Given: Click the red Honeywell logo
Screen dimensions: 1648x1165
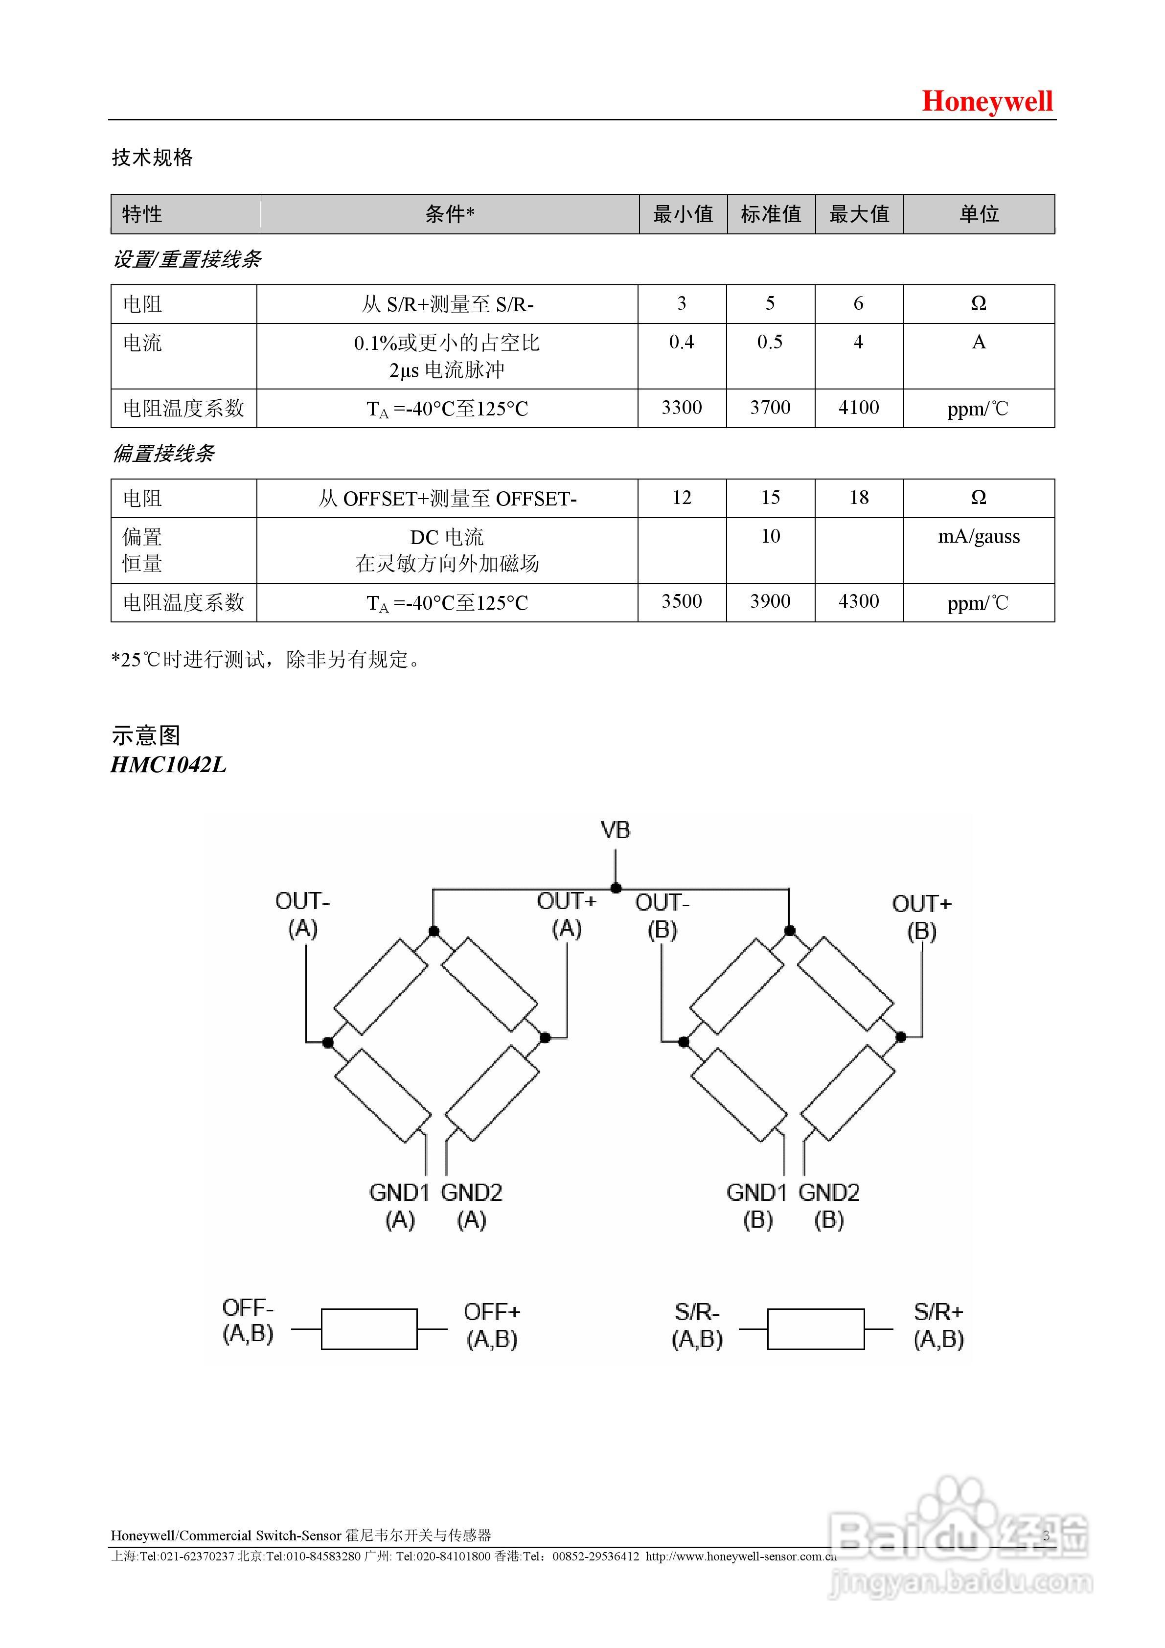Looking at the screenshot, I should pos(987,101).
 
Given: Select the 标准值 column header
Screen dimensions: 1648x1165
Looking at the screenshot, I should pos(771,214).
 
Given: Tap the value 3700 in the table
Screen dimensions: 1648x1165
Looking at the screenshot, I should pos(770,408).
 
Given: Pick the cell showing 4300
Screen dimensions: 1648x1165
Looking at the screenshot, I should pos(859,601).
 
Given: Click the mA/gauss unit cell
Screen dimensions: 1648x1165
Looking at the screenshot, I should pos(979,537).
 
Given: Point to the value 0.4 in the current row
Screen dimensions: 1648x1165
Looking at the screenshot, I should pos(681,343).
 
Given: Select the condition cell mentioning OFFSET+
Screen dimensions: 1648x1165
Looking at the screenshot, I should pos(447,498).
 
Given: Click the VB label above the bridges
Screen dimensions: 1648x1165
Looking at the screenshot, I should pos(615,830).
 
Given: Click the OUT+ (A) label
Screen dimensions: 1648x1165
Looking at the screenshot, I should pos(566,915).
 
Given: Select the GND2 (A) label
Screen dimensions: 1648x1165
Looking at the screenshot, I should pos(472,1205).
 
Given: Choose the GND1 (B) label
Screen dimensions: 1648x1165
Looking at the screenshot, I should pos(757,1205).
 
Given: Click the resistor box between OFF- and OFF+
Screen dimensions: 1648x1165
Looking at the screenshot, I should pos(369,1328).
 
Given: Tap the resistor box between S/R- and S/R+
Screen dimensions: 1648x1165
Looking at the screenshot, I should pos(816,1328).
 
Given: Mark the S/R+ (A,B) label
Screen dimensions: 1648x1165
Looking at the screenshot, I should pos(938,1325).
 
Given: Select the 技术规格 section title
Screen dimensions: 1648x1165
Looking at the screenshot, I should pos(152,157).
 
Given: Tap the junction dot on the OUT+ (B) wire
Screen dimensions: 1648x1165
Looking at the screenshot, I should pos(901,1036).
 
